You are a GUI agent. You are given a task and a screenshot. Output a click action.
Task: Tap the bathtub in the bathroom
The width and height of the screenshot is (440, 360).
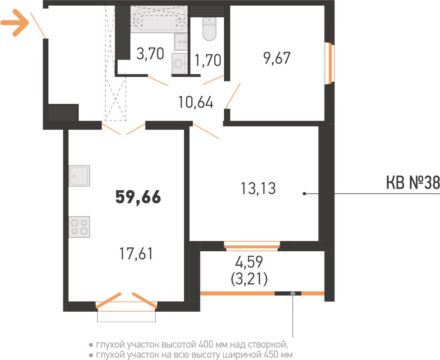coord(159,18)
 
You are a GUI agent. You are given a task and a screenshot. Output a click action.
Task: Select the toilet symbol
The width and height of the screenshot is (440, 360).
coord(209,29)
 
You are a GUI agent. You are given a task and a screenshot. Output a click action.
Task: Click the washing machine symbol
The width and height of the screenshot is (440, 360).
coord(180,64)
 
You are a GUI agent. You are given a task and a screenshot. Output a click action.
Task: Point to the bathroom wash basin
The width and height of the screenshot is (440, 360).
coord(181,42)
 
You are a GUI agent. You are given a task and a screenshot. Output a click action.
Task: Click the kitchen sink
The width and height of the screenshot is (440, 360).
coord(79,176)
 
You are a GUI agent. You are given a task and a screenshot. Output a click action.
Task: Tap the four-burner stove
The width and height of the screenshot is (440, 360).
coord(79,227)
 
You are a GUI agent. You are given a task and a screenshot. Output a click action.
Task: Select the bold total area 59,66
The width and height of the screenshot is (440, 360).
coord(138,197)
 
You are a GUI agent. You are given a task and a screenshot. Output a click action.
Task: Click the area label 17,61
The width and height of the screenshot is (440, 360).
coord(136,253)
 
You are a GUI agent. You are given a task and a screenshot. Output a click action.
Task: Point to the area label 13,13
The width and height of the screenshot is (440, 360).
coord(258,188)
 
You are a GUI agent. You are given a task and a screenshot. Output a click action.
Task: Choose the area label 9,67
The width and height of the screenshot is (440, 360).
coord(277,58)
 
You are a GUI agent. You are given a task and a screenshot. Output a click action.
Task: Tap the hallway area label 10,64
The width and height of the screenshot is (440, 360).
coord(196,102)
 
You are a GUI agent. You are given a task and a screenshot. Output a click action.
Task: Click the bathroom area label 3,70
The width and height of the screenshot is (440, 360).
coord(150,54)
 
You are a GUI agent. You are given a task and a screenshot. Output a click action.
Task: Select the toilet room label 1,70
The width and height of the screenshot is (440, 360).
coord(208,60)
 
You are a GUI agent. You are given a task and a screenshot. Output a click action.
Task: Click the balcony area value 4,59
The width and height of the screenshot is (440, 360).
coord(249,262)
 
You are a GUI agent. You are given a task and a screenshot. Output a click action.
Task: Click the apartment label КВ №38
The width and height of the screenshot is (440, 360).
coord(413,183)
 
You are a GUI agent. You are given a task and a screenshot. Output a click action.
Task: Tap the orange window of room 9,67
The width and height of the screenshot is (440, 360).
coord(330,63)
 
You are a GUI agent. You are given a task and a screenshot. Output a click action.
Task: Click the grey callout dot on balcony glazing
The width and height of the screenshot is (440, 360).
coord(293,294)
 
